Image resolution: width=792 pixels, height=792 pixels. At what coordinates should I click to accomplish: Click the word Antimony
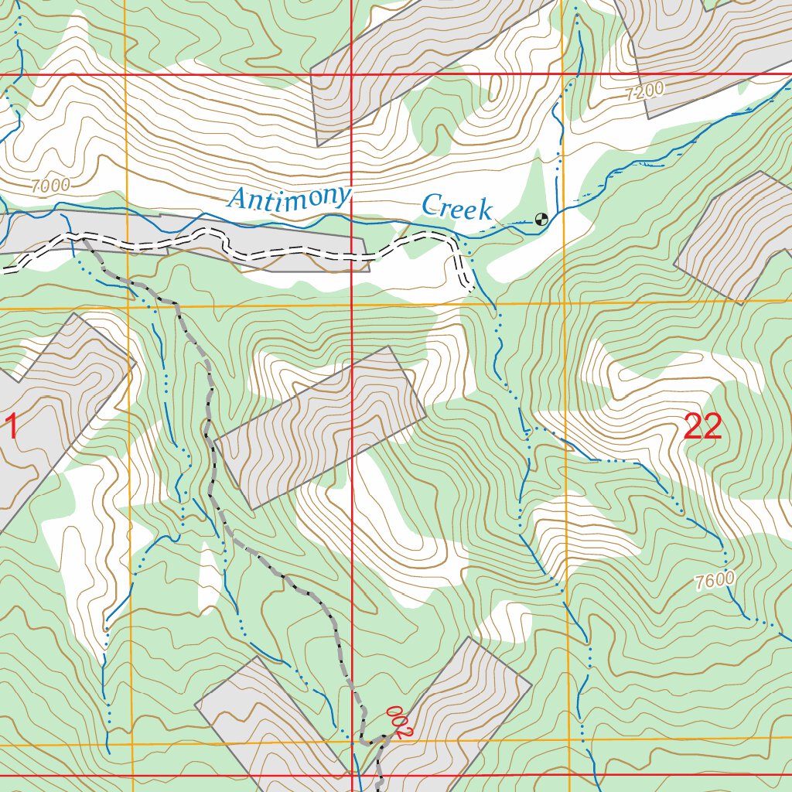tap(290, 198)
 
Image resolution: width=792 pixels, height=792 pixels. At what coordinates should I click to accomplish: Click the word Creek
tap(456, 207)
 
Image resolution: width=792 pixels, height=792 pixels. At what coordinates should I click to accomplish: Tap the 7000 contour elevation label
tap(51, 186)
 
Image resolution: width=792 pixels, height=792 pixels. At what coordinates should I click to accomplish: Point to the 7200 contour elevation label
tap(644, 91)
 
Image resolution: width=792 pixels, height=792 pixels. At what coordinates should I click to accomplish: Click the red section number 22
tap(703, 427)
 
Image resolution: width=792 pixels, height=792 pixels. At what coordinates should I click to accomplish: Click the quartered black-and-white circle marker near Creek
tap(541, 219)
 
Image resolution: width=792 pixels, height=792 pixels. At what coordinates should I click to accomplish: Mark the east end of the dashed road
tap(469, 288)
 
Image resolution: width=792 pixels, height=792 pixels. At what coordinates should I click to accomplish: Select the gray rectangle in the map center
tap(319, 427)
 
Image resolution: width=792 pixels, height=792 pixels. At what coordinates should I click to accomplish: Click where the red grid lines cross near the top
tap(352, 74)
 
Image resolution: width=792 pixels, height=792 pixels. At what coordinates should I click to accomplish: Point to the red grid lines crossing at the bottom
tap(352, 774)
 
